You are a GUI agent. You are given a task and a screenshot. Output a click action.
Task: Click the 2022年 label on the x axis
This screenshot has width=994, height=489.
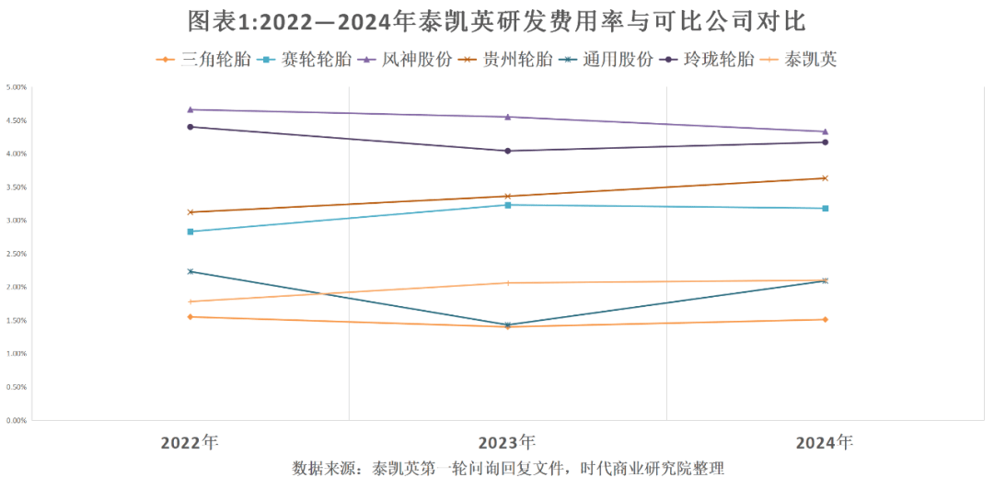[x=190, y=442]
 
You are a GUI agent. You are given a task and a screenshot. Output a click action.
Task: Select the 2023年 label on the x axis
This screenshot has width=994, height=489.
[x=507, y=442]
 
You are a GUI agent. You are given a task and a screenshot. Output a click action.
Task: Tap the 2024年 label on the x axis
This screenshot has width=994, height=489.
[x=825, y=442]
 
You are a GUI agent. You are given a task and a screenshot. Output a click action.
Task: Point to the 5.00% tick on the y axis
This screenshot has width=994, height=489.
[x=17, y=87]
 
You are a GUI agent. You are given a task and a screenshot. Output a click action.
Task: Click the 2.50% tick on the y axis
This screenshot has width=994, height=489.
[x=17, y=254]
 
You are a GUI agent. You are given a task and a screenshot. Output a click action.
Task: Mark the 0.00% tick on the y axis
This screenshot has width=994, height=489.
[x=17, y=420]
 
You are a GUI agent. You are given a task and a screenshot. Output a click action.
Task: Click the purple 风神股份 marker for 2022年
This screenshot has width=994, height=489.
[x=190, y=109]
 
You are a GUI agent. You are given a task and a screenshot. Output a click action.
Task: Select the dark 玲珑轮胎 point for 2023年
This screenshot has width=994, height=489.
[x=507, y=151]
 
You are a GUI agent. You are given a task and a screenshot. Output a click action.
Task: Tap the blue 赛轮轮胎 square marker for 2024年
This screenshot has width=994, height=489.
[x=825, y=209]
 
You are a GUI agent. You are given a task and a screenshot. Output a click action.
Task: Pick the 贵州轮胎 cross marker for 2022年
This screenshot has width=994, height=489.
[x=190, y=212]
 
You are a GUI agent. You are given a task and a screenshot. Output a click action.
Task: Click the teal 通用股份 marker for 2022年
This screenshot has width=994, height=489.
[x=190, y=271]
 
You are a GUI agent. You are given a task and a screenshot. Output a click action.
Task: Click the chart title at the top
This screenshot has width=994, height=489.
[x=497, y=21]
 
